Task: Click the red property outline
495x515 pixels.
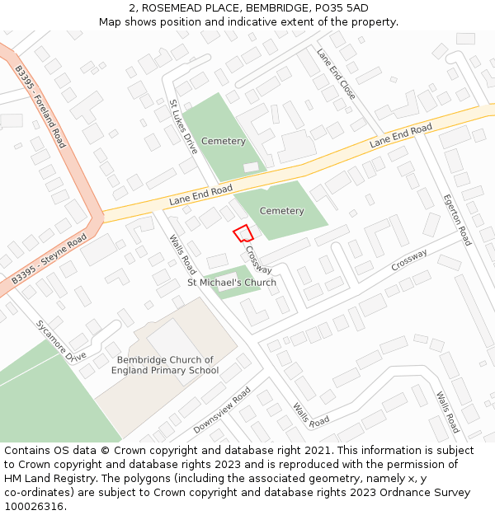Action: click(242, 233)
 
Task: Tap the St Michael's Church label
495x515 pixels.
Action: click(231, 283)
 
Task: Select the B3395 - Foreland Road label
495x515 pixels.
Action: click(39, 107)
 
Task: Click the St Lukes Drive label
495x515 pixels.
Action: click(184, 127)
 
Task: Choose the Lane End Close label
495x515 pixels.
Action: click(337, 73)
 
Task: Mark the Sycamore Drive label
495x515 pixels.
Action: click(61, 341)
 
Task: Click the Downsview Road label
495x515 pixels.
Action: click(221, 410)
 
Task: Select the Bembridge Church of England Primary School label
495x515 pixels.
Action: click(165, 365)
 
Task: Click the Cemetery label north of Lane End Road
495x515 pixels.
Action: click(224, 141)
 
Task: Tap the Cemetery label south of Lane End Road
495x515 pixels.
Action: click(281, 211)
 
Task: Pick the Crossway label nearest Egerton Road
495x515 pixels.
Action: click(409, 260)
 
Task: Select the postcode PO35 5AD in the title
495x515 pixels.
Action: click(336, 8)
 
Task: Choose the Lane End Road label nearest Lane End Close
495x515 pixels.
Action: click(401, 135)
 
